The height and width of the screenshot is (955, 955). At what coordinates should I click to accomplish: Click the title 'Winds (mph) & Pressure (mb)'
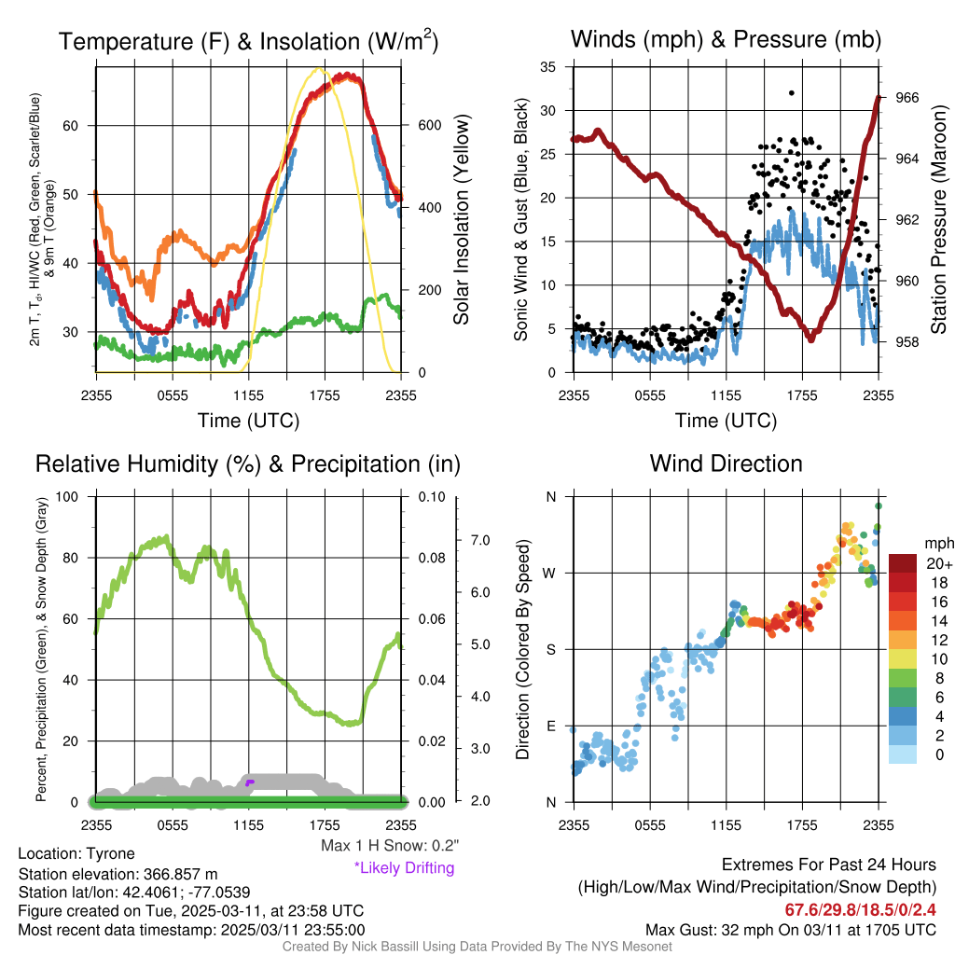[726, 39]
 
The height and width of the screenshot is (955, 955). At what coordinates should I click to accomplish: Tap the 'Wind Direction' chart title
[726, 463]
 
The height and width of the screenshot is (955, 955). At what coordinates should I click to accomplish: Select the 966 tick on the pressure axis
[908, 97]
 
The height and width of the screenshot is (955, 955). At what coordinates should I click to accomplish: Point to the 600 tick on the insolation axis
[417, 125]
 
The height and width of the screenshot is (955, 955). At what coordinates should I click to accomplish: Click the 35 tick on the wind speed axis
[549, 67]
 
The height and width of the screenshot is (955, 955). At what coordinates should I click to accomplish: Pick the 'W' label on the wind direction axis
[552, 573]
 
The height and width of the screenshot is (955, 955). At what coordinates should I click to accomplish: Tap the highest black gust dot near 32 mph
[791, 93]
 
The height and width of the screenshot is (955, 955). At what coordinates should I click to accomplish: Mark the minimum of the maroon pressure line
[811, 339]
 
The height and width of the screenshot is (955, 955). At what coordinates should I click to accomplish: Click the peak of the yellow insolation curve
[319, 69]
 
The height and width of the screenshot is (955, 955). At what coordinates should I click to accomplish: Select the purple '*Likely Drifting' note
[404, 867]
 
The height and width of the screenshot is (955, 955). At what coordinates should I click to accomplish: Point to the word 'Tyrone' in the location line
[110, 853]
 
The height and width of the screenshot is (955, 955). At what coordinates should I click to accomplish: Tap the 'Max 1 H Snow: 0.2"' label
[389, 846]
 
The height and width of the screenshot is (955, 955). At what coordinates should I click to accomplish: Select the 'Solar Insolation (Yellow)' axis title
[462, 220]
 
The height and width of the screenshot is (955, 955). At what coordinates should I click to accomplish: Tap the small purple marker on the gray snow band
[249, 782]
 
